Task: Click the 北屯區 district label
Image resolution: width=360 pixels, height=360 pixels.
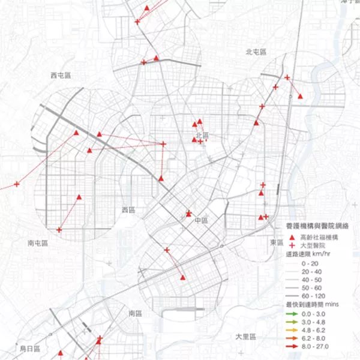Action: click(x=256, y=52)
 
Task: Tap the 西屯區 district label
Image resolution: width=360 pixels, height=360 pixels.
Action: click(x=61, y=75)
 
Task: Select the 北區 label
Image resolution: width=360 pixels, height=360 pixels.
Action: click(x=202, y=135)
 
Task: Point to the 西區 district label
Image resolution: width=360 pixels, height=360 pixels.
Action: click(x=129, y=210)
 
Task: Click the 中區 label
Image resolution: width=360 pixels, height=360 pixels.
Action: click(x=200, y=221)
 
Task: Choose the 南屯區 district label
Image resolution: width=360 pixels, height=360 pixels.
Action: click(x=38, y=244)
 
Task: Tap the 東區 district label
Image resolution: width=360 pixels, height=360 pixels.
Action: click(x=277, y=242)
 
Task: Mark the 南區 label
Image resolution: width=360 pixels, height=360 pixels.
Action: click(x=134, y=313)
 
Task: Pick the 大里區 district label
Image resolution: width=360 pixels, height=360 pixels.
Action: click(x=246, y=337)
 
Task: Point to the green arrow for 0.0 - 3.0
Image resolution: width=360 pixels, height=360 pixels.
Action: click(x=292, y=313)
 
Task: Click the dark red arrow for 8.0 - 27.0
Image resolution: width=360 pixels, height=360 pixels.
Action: click(x=292, y=346)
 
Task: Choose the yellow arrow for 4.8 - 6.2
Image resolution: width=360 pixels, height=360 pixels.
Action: click(x=292, y=330)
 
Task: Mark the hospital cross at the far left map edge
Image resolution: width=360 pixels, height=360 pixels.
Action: click(x=17, y=184)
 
